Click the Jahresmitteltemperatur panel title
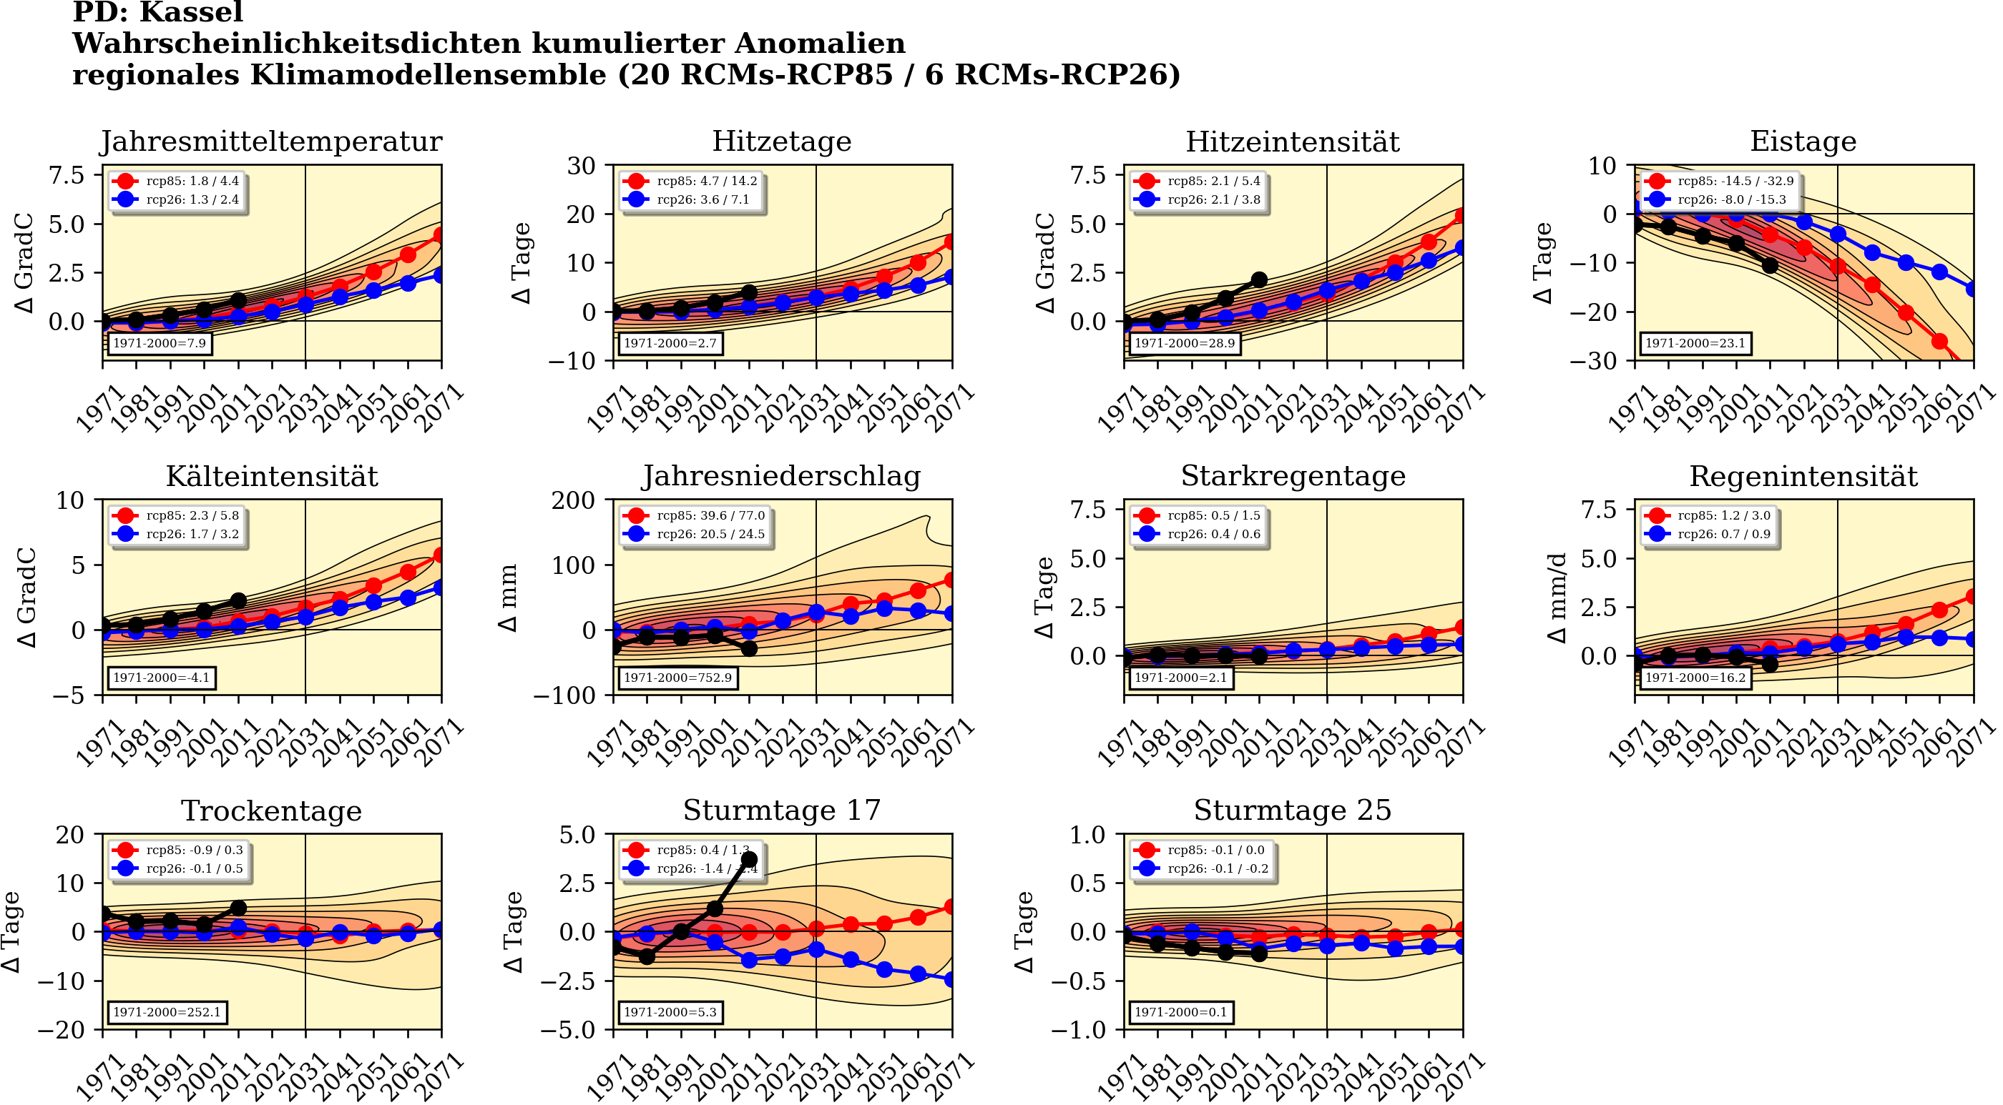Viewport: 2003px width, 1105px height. [x=271, y=142]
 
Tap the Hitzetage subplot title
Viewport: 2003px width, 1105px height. [x=781, y=142]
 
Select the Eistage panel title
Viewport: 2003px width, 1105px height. [x=1803, y=142]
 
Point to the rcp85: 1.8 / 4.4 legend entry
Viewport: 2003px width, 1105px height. [x=192, y=181]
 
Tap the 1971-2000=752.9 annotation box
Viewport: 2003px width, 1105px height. [x=677, y=678]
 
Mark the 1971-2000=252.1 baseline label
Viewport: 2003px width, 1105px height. [x=167, y=1012]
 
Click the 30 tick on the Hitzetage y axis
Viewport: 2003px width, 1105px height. [x=581, y=166]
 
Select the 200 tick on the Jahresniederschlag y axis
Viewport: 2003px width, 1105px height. [x=573, y=500]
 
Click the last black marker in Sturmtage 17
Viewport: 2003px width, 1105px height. [x=749, y=859]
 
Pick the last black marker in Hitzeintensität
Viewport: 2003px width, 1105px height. [x=1259, y=279]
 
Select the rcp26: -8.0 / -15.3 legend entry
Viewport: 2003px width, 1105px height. [x=1732, y=199]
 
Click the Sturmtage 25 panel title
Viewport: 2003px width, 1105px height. [x=1293, y=811]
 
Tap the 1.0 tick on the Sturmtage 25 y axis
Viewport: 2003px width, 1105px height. [x=1087, y=835]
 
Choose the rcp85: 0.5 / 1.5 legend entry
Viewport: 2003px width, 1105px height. [x=1214, y=515]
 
